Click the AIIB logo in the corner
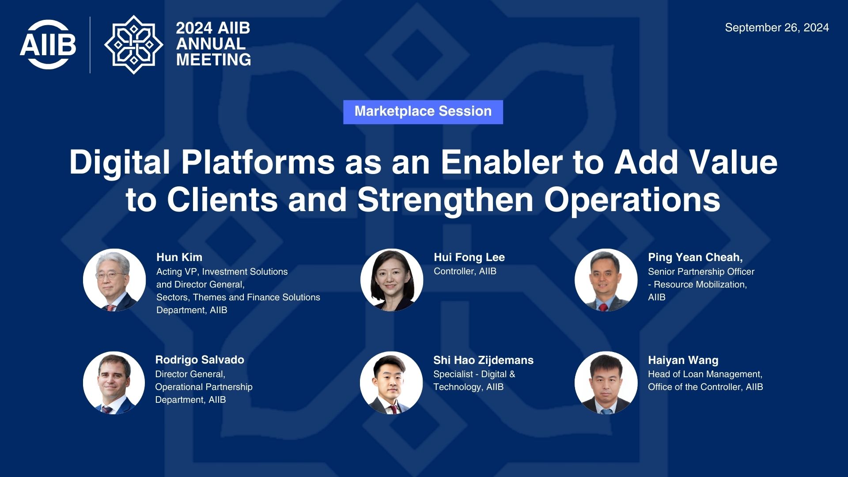[x=48, y=45]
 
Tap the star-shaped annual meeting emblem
[x=133, y=45]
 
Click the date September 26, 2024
[x=777, y=27]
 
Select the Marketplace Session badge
[x=423, y=112]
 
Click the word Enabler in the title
[x=501, y=162]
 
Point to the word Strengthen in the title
[x=446, y=200]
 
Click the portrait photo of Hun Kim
[x=114, y=280]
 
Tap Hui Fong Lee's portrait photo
[x=392, y=280]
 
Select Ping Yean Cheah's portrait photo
[x=606, y=280]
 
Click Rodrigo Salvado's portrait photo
[x=114, y=382]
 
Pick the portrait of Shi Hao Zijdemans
[x=391, y=382]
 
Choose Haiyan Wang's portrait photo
[x=606, y=382]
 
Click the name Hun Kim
[x=179, y=257]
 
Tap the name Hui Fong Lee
[x=469, y=257]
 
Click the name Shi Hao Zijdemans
[x=483, y=360]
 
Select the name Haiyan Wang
[x=683, y=360]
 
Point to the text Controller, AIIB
[x=465, y=271]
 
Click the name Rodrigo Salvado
[x=200, y=360]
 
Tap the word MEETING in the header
[x=214, y=60]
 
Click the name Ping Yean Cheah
[x=695, y=257]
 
